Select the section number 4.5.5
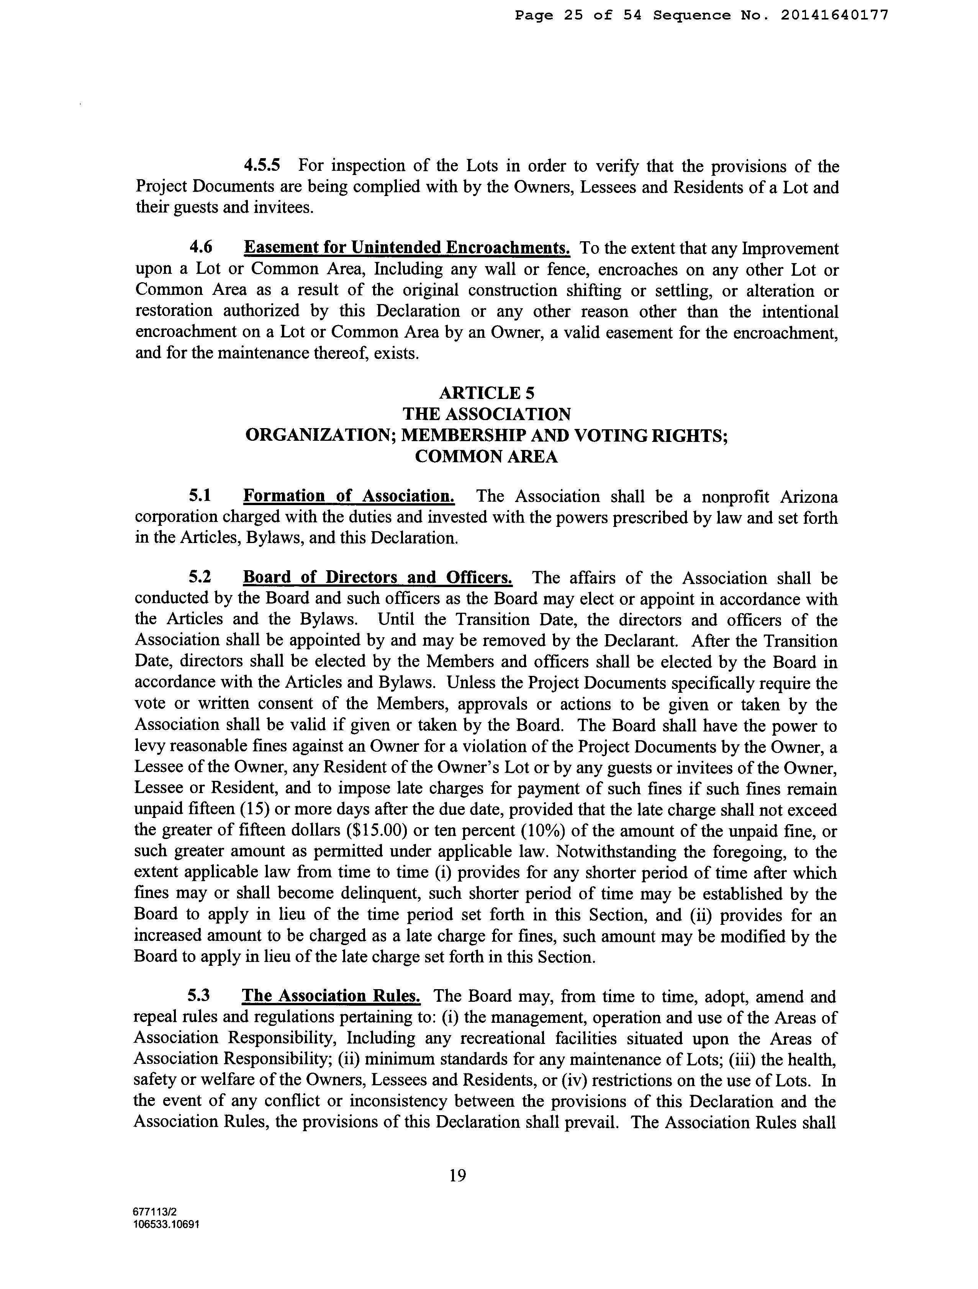click(262, 166)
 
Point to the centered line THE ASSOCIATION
click(487, 414)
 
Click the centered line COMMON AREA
click(487, 457)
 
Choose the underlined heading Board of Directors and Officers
click(377, 578)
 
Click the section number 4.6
click(200, 248)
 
